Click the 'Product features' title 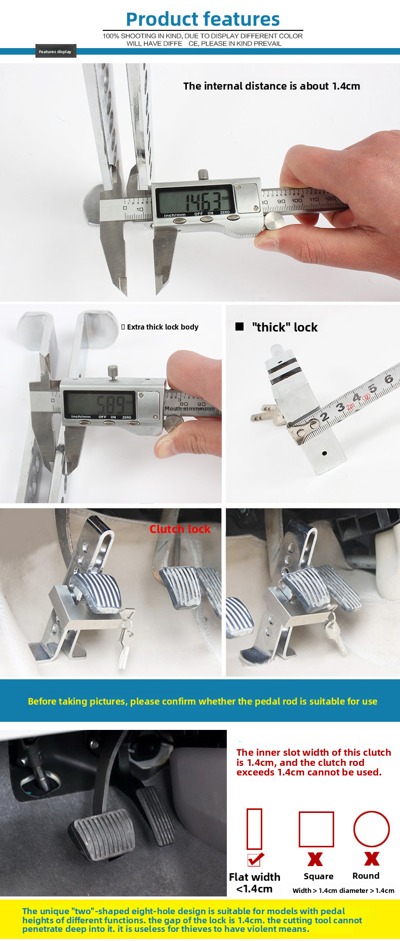click(x=203, y=19)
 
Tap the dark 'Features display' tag click(x=56, y=52)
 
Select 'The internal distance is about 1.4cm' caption click(x=271, y=86)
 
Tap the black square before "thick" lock click(x=239, y=327)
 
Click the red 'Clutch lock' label click(x=180, y=529)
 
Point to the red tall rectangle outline click(x=254, y=829)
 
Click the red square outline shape click(x=316, y=829)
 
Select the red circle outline click(x=371, y=829)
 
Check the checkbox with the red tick click(x=254, y=860)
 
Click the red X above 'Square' click(x=315, y=859)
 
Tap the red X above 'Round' click(x=372, y=858)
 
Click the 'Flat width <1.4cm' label click(x=254, y=883)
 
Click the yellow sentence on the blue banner click(x=203, y=701)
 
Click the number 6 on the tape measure click(x=388, y=379)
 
